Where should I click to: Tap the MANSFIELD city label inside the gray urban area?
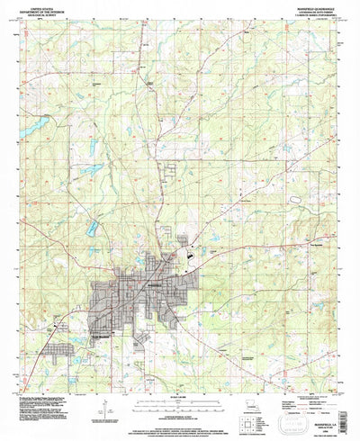(155, 283)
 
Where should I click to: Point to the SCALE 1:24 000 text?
(180, 387)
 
